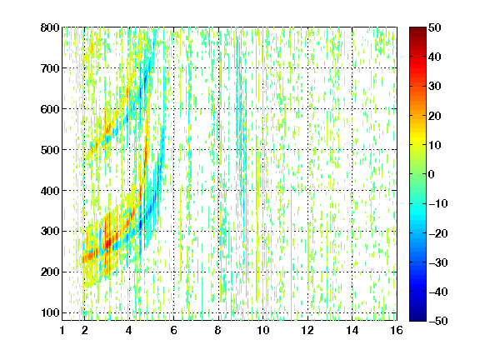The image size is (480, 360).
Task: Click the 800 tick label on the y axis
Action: click(x=50, y=27)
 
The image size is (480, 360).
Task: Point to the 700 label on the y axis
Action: click(x=50, y=68)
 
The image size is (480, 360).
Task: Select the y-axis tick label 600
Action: click(x=50, y=109)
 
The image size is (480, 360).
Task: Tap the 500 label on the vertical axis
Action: click(x=50, y=150)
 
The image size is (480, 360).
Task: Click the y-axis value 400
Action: click(x=50, y=191)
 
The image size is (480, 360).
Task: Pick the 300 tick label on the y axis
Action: click(x=50, y=231)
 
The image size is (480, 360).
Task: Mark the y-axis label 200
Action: click(x=50, y=272)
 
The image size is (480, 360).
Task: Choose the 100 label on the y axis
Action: click(x=50, y=312)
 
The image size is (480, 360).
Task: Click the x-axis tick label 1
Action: click(x=62, y=330)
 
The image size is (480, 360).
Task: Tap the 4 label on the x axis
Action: click(x=129, y=330)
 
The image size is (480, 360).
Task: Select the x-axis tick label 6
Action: click(x=173, y=330)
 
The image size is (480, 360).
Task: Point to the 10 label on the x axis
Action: click(x=263, y=330)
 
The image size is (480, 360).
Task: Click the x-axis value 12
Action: click(x=307, y=330)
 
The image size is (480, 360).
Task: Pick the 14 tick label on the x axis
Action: click(x=352, y=330)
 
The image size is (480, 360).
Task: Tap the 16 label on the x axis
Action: click(x=397, y=330)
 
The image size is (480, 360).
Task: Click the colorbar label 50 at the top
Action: click(x=434, y=27)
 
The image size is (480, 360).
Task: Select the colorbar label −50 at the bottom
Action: click(x=438, y=321)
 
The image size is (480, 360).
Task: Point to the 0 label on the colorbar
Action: click(x=432, y=174)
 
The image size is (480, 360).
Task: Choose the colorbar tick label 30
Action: click(x=434, y=87)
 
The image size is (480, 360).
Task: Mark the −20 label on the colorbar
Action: click(x=438, y=233)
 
